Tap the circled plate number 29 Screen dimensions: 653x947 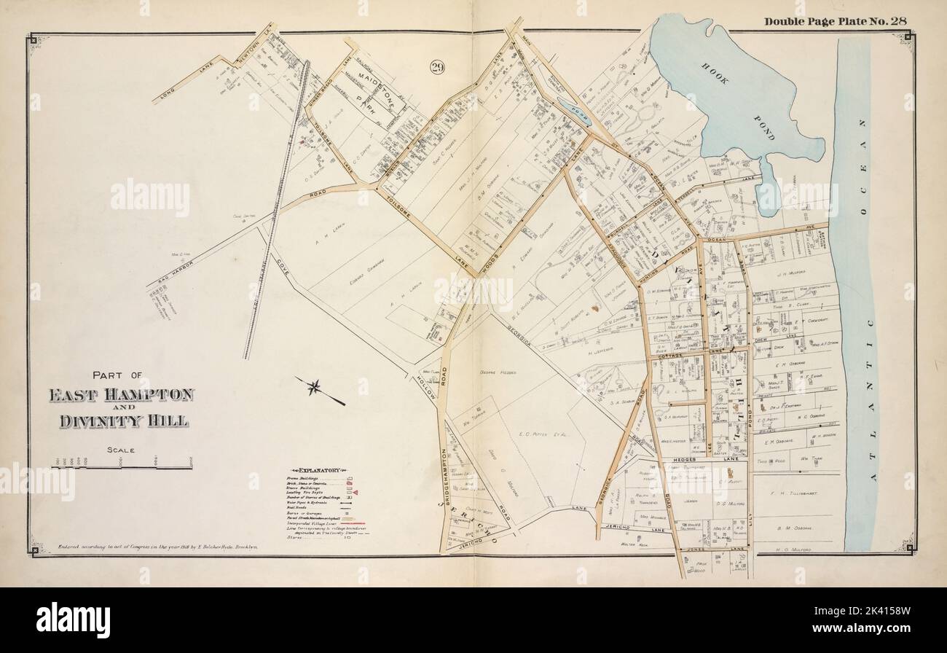tap(437, 69)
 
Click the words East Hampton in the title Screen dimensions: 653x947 tap(121, 396)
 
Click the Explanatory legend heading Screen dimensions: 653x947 tap(315, 472)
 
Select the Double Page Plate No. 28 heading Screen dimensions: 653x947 tap(836, 20)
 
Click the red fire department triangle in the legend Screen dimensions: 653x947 tap(356, 493)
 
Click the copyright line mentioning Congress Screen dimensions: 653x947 tap(157, 545)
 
